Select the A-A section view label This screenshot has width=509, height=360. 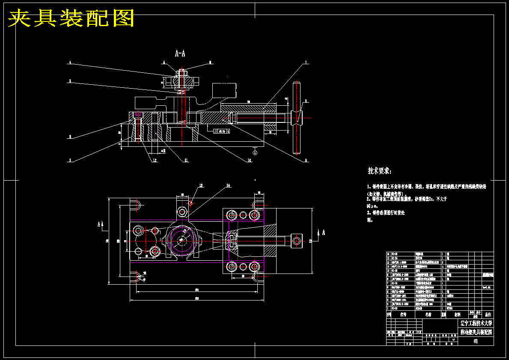[x=180, y=54]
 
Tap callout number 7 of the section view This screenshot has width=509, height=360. [x=306, y=63]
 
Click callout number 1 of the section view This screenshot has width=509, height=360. [x=70, y=161]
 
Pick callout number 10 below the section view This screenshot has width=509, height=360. [x=249, y=161]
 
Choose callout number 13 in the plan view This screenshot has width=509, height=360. [x=201, y=186]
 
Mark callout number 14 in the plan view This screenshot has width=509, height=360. [x=228, y=186]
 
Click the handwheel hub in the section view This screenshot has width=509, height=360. [x=296, y=116]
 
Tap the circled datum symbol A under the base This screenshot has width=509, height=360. [x=255, y=152]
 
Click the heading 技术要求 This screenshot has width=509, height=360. [x=379, y=171]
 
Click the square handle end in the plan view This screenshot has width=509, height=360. [x=296, y=241]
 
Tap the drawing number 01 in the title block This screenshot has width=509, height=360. [x=476, y=341]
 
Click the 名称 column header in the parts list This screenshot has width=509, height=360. [x=428, y=315]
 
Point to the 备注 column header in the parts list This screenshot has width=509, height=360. [x=487, y=315]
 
